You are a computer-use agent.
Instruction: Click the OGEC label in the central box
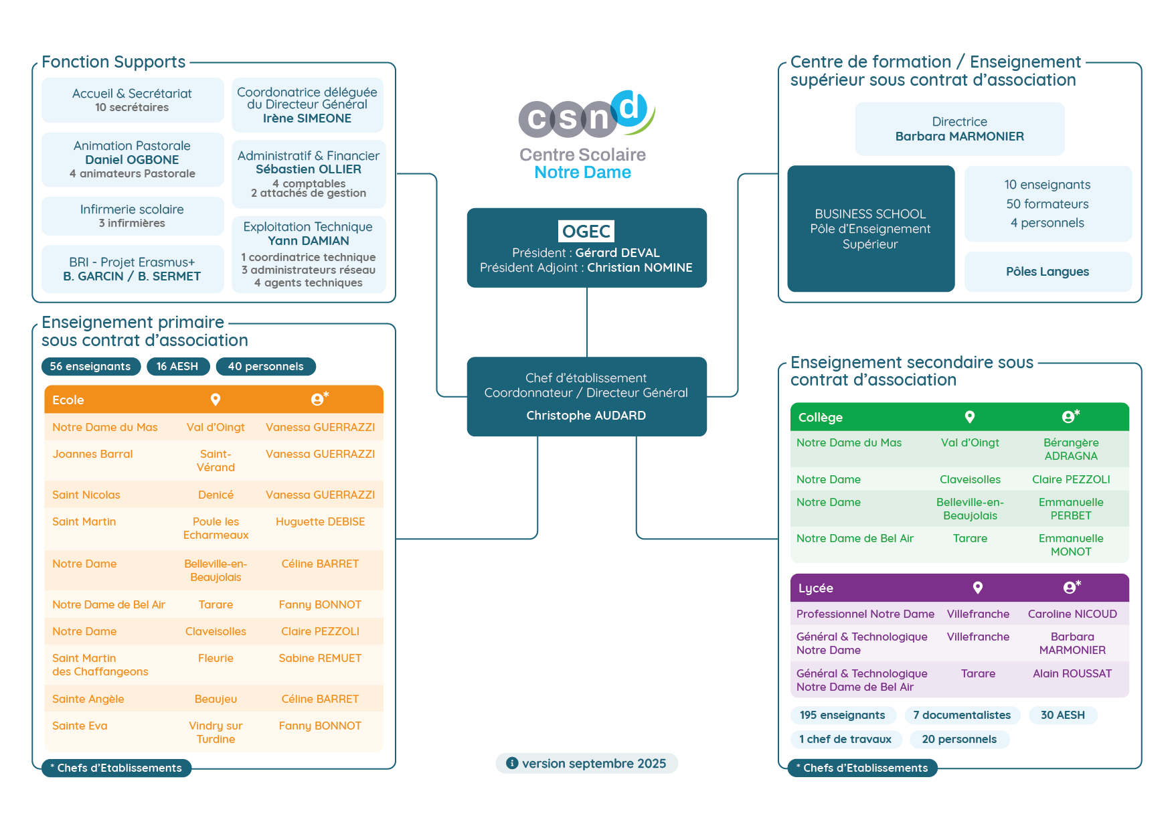(586, 232)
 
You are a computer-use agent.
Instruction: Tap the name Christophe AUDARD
(586, 416)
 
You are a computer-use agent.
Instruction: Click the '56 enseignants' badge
(90, 367)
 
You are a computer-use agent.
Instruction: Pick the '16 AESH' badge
(177, 367)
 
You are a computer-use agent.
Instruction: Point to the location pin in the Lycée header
(978, 588)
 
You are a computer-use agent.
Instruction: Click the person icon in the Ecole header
(319, 400)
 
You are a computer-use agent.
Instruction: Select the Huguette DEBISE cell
(320, 522)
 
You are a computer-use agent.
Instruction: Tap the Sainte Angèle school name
(88, 699)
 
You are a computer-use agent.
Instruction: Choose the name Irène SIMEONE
(307, 118)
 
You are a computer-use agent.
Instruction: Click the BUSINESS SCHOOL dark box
(871, 229)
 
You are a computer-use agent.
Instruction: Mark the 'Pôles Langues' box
(1047, 272)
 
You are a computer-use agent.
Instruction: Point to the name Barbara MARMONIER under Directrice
(959, 137)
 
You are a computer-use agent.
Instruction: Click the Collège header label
(821, 418)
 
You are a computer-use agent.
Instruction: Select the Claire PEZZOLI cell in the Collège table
(1071, 480)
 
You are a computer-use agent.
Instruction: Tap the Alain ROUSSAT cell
(1072, 674)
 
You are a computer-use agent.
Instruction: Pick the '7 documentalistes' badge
(962, 716)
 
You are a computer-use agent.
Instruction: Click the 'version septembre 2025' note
(587, 764)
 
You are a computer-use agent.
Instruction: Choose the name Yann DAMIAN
(309, 241)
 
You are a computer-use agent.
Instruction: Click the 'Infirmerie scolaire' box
(133, 216)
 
